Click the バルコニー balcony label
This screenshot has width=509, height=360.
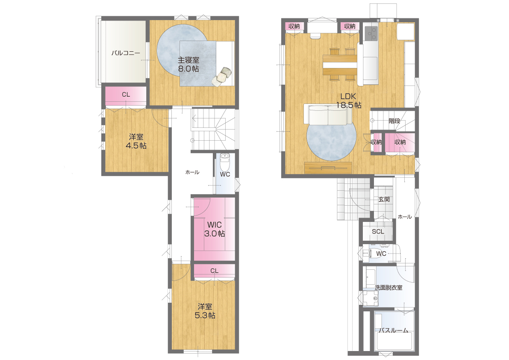[126, 53]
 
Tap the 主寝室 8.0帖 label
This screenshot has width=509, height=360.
[188, 64]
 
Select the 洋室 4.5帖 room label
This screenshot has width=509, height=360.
[136, 141]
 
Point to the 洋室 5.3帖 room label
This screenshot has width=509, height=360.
[205, 311]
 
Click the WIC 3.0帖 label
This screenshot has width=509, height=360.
[214, 229]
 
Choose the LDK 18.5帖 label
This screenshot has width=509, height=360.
[348, 100]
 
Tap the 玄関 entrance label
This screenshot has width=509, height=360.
[384, 199]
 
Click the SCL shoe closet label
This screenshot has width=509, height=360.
[378, 231]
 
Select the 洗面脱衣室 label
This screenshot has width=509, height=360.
[388, 288]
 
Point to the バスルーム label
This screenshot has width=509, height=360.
[394, 330]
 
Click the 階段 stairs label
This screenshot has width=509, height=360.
[394, 121]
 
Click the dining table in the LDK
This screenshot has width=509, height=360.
[340, 65]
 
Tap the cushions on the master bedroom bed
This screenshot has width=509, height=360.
[222, 77]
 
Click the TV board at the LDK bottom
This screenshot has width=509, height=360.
[329, 168]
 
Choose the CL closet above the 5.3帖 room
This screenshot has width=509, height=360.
[214, 271]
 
